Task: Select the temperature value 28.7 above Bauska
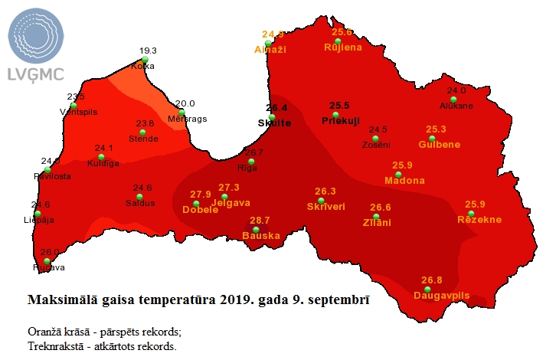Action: click(x=260, y=220)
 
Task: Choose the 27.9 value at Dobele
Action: click(x=201, y=194)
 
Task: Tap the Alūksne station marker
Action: click(x=453, y=100)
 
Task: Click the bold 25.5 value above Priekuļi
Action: click(x=339, y=106)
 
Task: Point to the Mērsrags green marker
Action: click(x=182, y=113)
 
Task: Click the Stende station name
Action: click(x=143, y=139)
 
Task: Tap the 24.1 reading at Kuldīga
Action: click(x=103, y=148)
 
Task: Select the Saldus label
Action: click(x=140, y=203)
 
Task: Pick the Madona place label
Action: click(x=404, y=181)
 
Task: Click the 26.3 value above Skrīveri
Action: click(x=325, y=191)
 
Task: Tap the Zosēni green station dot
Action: click(x=375, y=139)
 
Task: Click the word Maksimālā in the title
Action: click(x=60, y=298)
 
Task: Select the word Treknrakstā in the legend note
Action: click(x=54, y=345)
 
